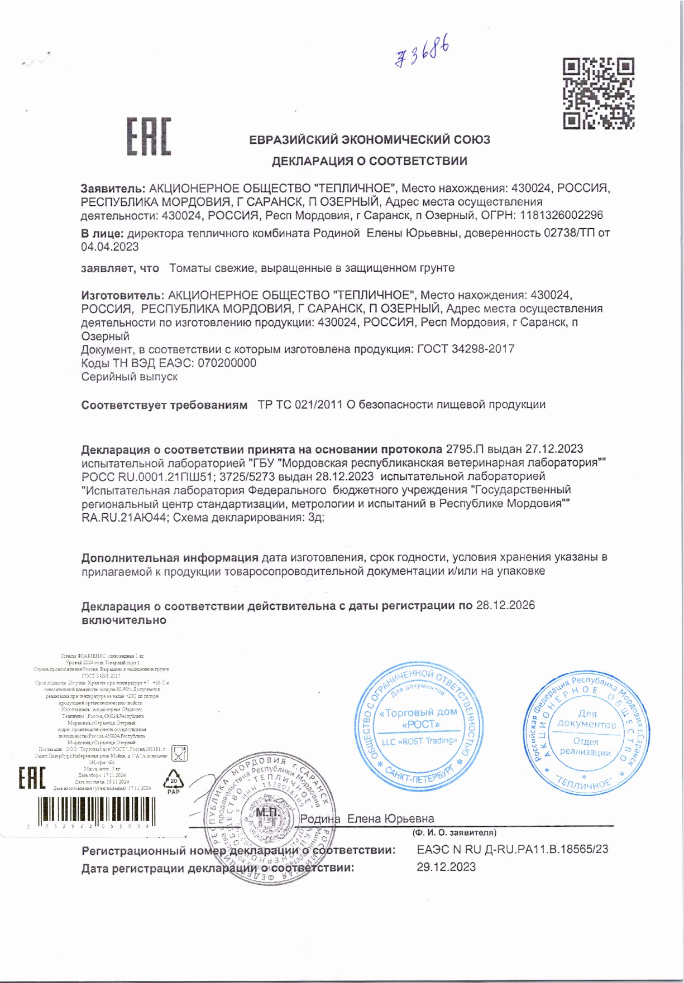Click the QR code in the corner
598,93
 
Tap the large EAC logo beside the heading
149,137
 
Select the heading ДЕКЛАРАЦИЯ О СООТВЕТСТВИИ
369,161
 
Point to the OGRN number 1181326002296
561,215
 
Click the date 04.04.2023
110,247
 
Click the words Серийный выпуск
130,377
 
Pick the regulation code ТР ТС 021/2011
300,405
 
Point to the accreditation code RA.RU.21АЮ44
124,518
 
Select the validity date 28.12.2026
505,605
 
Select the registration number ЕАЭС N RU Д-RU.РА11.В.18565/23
512,849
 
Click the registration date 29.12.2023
446,867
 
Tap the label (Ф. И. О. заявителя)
454,833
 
